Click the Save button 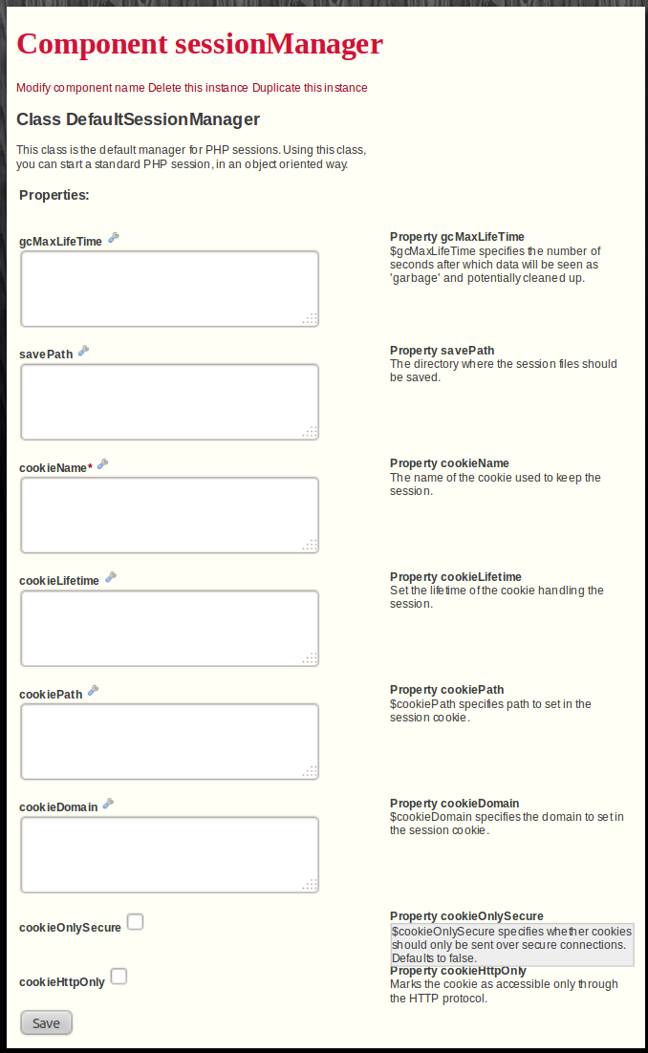pos(46,1022)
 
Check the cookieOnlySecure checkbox pos(136,922)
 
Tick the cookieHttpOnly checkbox pos(119,977)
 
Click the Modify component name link pos(80,88)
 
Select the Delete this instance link pos(198,88)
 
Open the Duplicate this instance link pos(310,88)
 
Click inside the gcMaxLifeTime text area pos(169,289)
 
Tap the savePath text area pos(169,402)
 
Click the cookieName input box pos(169,515)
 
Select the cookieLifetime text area pos(169,628)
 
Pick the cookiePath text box pos(169,741)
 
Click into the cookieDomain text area pos(169,854)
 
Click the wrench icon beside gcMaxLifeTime pos(113,238)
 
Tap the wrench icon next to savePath pos(83,351)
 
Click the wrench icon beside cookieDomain pos(108,804)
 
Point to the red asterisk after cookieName pos(90,466)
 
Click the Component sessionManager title pos(200,44)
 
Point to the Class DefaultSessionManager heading pos(138,119)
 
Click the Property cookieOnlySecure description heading pos(473,916)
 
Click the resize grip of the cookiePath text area pos(310,771)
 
